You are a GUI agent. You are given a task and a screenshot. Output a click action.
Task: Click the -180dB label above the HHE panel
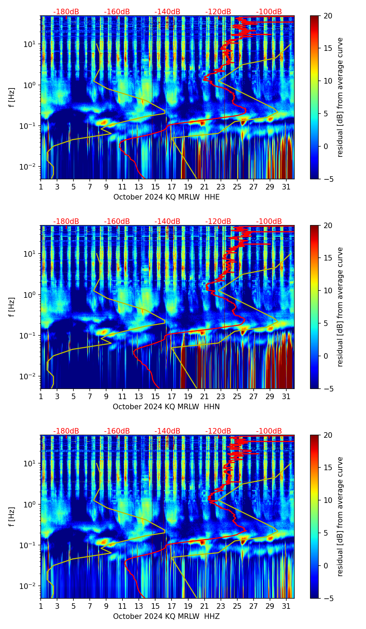point(66,12)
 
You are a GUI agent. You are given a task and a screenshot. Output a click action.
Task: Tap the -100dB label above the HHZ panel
point(269,431)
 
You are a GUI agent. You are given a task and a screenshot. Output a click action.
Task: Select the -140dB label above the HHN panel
point(167,222)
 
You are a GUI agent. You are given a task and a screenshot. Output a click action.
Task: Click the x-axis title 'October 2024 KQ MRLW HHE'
point(166,197)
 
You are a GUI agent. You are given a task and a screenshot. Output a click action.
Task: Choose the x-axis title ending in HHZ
point(166,616)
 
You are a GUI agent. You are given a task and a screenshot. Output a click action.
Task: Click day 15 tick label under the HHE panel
point(156,187)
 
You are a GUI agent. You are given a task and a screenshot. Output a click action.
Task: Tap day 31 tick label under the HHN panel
point(286,396)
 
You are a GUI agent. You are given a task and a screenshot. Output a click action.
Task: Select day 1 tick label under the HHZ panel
point(41,606)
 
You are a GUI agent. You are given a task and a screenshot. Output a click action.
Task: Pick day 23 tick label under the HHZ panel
point(221,606)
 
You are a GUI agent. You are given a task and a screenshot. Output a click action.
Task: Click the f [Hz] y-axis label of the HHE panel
point(12,98)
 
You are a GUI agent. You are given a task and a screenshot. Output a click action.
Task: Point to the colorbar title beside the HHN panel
point(340,307)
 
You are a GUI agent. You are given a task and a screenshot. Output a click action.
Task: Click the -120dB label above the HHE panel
point(218,12)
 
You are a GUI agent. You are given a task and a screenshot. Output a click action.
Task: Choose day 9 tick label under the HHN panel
point(106,396)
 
